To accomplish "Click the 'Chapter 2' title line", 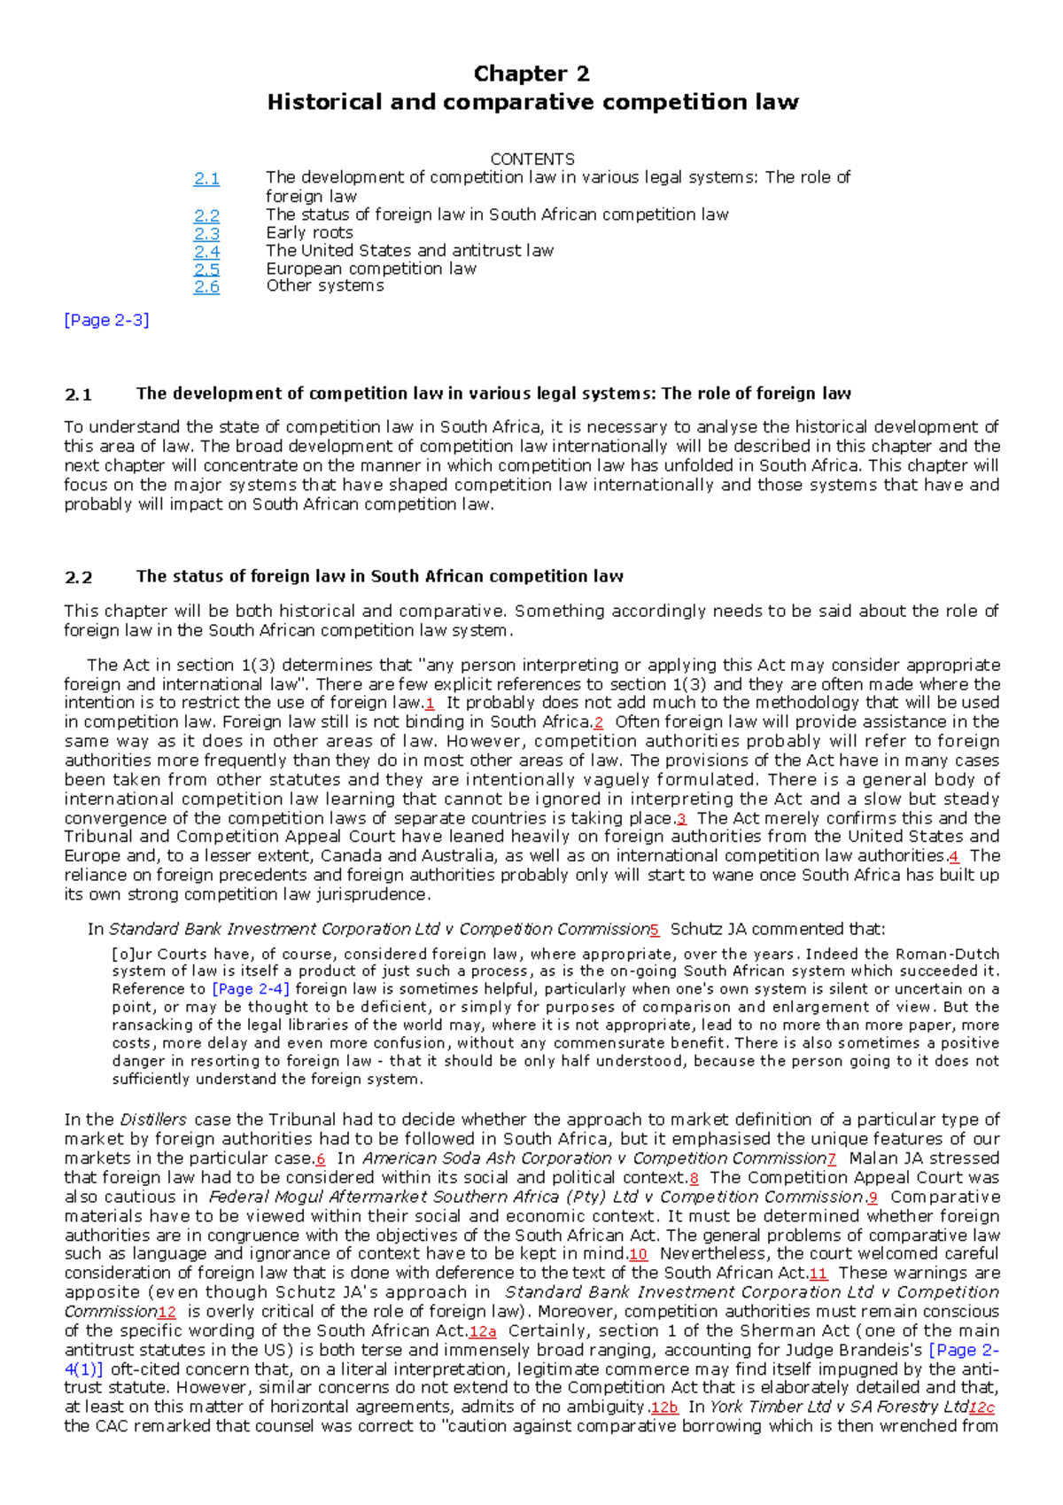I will pos(531,74).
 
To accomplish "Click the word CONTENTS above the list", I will pos(531,160).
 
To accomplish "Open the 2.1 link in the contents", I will pos(206,179).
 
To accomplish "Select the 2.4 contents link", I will pos(206,252).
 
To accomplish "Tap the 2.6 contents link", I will pos(206,286).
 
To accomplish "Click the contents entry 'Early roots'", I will pos(309,233).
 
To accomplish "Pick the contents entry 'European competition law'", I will pos(371,269).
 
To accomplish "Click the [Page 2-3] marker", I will pos(106,321).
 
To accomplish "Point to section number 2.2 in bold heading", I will pos(79,578).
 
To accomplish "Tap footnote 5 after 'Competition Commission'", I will pos(655,931).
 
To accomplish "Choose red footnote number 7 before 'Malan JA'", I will pos(831,1159).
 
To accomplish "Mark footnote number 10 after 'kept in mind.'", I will pos(638,1255).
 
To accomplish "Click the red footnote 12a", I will pos(483,1332).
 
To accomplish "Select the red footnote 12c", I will pos(982,1408).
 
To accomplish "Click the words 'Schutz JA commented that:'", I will pos(777,930).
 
